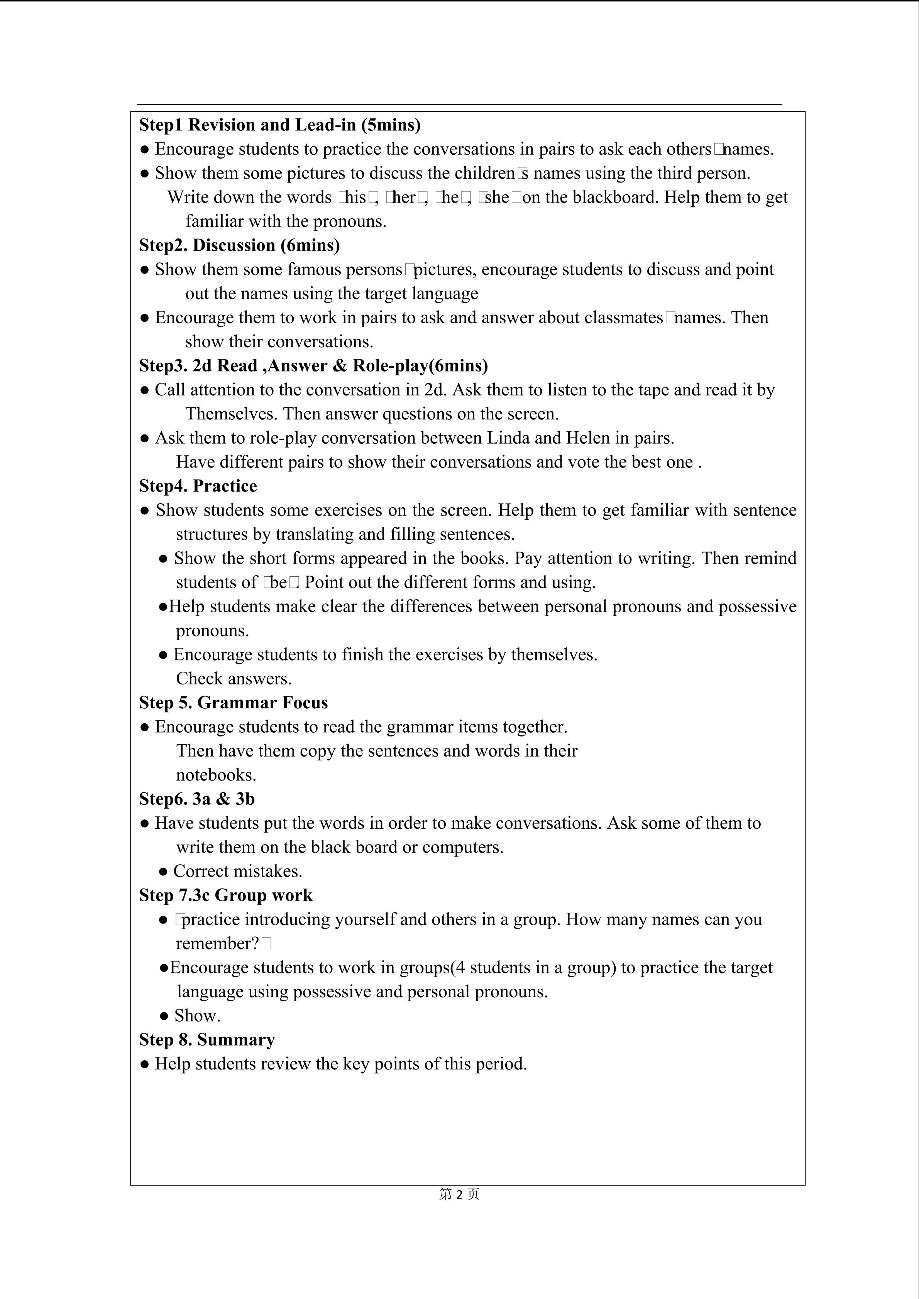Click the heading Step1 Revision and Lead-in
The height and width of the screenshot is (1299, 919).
coord(279,125)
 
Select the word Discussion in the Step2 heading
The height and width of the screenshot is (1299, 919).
coord(234,245)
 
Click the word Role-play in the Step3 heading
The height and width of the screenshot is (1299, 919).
coord(391,366)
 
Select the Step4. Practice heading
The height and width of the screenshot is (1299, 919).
coord(198,486)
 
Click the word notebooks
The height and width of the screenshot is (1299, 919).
coord(216,775)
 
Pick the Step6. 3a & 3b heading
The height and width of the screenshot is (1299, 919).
coord(197,799)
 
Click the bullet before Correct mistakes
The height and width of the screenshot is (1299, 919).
coord(164,872)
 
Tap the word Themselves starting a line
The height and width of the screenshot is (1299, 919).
coord(231,414)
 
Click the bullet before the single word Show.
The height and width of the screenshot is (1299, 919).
coord(164,1016)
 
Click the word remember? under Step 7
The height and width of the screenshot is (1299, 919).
coord(217,944)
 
